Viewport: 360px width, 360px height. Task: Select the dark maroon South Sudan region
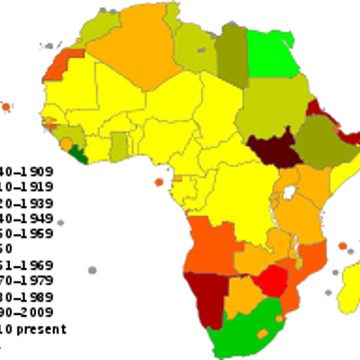click(270, 152)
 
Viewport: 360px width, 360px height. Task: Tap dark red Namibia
click(205, 292)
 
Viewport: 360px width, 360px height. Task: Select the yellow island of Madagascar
click(349, 288)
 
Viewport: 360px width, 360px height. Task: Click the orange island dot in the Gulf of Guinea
click(159, 183)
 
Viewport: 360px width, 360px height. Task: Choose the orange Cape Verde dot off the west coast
click(6, 107)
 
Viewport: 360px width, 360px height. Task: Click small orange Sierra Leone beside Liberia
click(67, 144)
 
